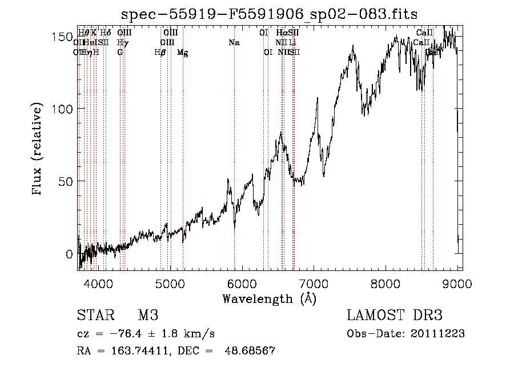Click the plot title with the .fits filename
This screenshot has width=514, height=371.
(x=270, y=14)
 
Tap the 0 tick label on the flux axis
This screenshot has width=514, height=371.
(x=70, y=254)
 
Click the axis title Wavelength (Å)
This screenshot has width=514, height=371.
(x=270, y=298)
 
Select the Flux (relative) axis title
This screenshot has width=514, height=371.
(x=38, y=150)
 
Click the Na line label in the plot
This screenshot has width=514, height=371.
(x=234, y=43)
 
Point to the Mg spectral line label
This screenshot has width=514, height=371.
(x=182, y=53)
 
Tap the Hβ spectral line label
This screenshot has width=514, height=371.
(x=160, y=53)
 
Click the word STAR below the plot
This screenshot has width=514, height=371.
(x=95, y=316)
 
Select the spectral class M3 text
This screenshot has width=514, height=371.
(x=148, y=316)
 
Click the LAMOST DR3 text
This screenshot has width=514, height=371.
(x=395, y=316)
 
